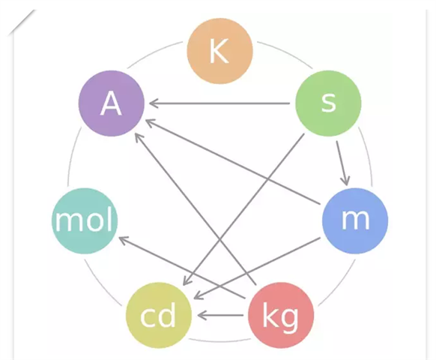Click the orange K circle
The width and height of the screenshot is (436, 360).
219,51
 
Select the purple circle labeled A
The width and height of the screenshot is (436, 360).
112,103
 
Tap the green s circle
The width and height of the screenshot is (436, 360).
328,103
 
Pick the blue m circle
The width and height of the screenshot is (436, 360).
355,220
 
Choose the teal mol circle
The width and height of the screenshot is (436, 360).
85,220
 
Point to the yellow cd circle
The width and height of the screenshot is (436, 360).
159,316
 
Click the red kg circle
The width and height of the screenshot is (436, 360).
281,316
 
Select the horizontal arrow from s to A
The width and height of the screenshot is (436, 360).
219,103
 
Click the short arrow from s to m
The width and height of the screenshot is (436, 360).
342,163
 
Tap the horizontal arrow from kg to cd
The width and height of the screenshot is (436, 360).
220,316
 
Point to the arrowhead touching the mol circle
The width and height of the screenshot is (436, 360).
124,239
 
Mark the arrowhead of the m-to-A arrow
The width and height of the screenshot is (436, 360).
151,123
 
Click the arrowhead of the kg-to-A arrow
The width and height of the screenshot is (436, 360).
139,138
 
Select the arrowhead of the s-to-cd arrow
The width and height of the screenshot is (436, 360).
187,280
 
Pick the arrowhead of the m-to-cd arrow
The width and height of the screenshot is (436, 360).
199,295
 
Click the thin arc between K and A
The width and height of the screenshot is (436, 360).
154,53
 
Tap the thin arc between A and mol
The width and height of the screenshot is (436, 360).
73,157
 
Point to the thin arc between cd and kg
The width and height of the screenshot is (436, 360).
219,340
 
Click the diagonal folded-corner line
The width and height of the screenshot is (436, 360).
22,22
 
